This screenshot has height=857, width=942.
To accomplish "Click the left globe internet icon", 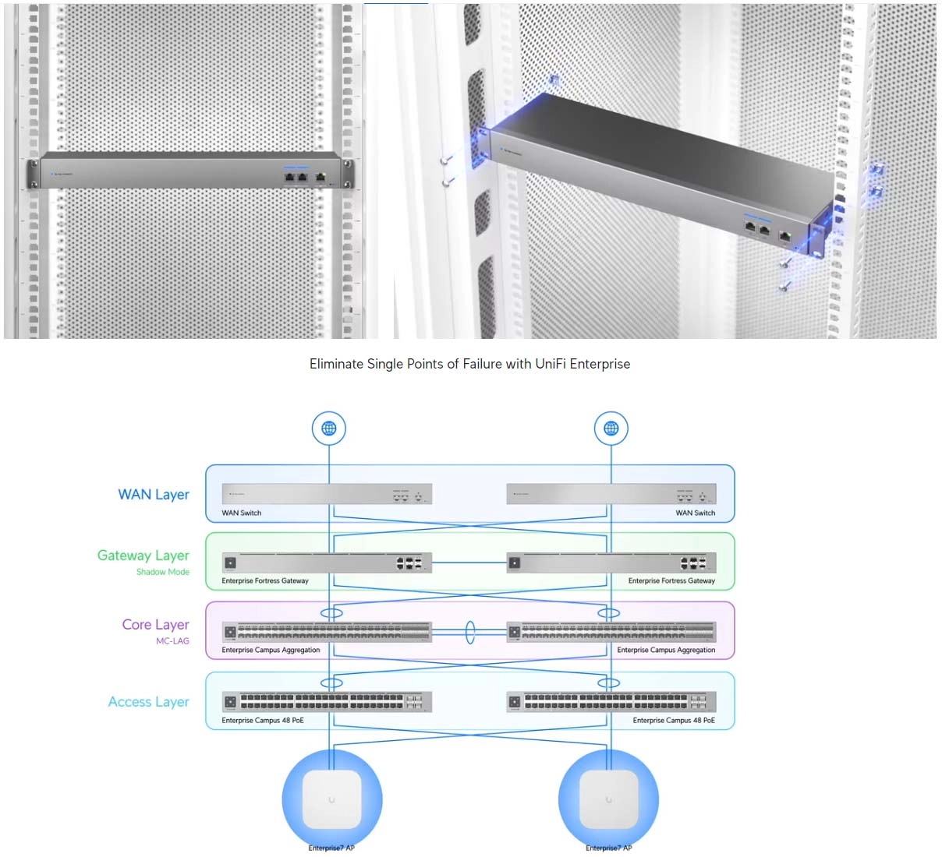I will [x=329, y=428].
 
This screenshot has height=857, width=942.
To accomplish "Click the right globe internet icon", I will [x=611, y=428].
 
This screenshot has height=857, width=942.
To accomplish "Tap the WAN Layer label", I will [x=154, y=495].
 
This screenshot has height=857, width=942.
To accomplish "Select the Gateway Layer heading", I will [x=143, y=555].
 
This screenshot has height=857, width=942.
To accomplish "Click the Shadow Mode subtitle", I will [x=163, y=572].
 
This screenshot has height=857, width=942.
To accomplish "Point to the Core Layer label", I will [x=156, y=625].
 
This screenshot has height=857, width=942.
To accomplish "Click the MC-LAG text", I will [x=172, y=641].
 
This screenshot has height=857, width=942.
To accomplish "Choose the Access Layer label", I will [x=149, y=702].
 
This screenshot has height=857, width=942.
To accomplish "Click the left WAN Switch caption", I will [x=242, y=513].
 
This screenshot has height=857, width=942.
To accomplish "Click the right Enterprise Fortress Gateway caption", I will [x=671, y=580].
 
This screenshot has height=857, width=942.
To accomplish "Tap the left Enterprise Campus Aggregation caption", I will [x=271, y=650].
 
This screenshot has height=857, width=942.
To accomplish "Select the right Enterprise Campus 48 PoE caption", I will [x=674, y=720].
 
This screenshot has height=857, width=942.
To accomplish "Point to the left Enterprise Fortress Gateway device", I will [x=327, y=563].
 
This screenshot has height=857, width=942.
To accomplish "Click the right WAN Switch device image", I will [x=611, y=494].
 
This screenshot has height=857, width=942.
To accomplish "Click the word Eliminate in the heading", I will [x=335, y=364].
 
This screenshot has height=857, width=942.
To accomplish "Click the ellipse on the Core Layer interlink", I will [x=470, y=632].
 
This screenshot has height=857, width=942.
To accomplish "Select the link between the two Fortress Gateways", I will [x=469, y=563].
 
